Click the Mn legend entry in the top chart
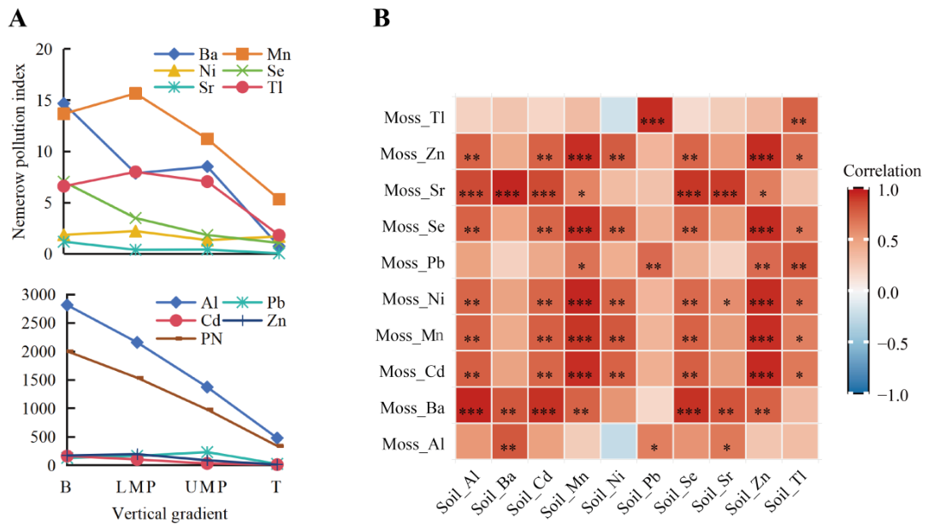[x=259, y=55]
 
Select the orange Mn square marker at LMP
[x=135, y=93]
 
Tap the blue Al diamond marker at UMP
[x=207, y=386]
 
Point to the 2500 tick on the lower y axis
[x=38, y=323]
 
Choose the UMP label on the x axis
[x=205, y=486]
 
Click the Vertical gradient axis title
[x=169, y=513]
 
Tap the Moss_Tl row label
[x=414, y=117]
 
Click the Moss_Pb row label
[x=413, y=262]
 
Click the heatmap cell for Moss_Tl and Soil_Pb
[x=654, y=115]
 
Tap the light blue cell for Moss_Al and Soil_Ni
[x=618, y=442]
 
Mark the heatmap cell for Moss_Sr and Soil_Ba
[x=509, y=188]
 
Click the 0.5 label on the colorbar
[x=888, y=241]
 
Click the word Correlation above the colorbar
[x=882, y=171]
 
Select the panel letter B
[x=382, y=18]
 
